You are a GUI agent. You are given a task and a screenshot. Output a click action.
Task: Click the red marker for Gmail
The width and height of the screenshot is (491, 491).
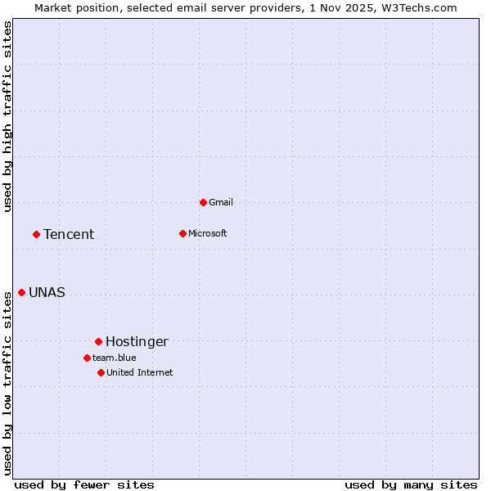tap(203, 202)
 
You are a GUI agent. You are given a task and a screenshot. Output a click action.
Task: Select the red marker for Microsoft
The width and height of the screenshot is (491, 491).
tap(182, 233)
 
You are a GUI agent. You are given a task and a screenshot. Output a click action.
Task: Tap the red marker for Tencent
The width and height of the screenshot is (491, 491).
tap(36, 234)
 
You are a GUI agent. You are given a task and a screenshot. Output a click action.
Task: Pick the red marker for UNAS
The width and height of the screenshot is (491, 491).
tap(21, 292)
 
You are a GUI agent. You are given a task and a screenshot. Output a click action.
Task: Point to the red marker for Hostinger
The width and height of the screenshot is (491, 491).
tap(98, 341)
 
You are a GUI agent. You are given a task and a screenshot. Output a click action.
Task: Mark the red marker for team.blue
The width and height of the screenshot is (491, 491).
tap(87, 358)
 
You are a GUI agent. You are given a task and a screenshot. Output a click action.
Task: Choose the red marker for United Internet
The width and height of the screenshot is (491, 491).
tap(101, 372)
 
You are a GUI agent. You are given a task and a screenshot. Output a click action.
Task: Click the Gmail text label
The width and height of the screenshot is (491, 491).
tap(221, 202)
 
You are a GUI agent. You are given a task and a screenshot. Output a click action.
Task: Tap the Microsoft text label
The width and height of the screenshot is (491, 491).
tap(208, 233)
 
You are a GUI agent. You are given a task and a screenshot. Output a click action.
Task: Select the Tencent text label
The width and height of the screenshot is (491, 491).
tap(69, 235)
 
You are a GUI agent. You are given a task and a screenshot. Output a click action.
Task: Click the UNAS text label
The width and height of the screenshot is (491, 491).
tap(47, 293)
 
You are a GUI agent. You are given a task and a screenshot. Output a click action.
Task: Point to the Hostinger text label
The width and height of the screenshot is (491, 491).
tap(137, 342)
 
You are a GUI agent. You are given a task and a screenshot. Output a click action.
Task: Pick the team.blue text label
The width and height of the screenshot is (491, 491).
tap(115, 358)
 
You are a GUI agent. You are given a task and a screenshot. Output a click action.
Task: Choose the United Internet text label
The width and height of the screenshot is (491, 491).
tap(140, 372)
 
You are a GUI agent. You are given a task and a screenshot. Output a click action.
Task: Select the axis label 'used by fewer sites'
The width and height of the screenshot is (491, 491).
tap(84, 485)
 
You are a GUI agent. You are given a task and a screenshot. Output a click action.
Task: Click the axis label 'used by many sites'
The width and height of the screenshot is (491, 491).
tap(411, 485)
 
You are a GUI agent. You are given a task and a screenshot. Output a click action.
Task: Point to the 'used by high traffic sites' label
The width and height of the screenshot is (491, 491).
tap(8, 116)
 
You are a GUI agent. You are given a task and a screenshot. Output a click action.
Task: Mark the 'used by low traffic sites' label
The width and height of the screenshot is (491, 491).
tap(8, 382)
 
